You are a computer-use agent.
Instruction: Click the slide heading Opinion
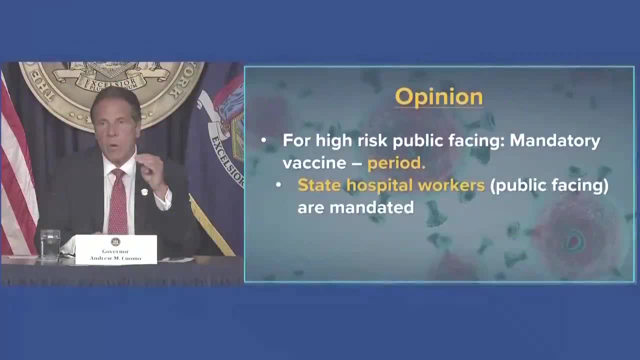(x=438, y=97)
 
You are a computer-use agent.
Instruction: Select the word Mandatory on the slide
(x=555, y=141)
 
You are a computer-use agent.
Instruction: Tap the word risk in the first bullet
(x=372, y=141)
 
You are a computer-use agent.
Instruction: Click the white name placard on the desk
(x=116, y=249)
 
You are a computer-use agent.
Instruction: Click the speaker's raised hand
(x=150, y=170)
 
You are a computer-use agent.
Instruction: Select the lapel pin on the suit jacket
(x=144, y=192)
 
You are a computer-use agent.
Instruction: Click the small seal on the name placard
(x=115, y=242)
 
